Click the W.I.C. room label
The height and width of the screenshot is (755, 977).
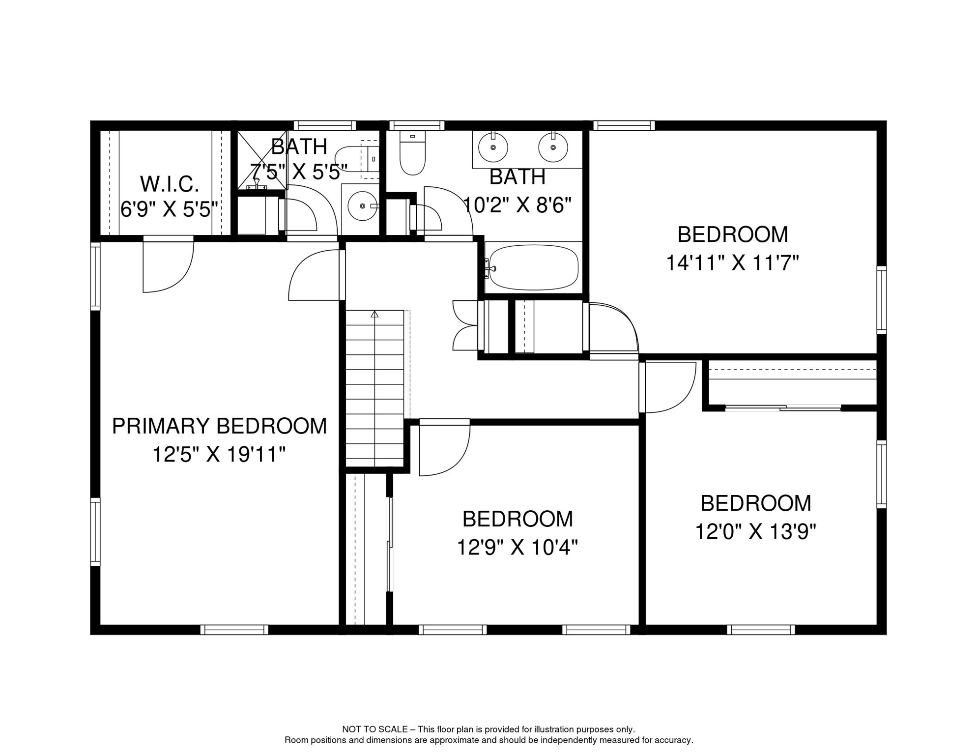click(x=170, y=184)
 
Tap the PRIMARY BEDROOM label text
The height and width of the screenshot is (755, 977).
click(x=219, y=426)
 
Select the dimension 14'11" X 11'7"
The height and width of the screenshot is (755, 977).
click(x=732, y=263)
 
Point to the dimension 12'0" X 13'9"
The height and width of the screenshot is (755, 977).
click(x=755, y=531)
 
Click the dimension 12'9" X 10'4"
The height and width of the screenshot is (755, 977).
click(x=517, y=547)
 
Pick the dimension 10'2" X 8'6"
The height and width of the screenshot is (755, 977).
click(x=517, y=205)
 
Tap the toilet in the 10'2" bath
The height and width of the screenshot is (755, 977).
click(x=412, y=153)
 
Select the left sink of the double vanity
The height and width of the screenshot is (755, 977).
click(x=493, y=147)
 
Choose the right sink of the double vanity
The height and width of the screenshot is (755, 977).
click(x=553, y=147)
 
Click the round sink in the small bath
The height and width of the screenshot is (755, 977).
click(x=363, y=206)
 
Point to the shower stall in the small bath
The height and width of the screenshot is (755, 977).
click(x=262, y=160)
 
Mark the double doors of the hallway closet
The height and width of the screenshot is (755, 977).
click(x=464, y=325)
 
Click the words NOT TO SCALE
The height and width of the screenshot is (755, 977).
click(x=375, y=729)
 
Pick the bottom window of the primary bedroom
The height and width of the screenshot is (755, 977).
click(x=234, y=630)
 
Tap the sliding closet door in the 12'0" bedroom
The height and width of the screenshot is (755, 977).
click(x=783, y=407)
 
